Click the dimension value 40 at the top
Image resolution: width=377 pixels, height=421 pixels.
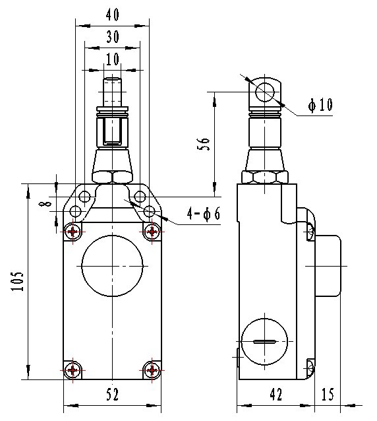point(112,15)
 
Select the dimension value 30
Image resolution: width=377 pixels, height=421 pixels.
point(112,37)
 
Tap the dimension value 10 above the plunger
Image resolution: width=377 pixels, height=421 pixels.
point(112,59)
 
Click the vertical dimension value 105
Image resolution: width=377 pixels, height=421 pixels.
point(18,282)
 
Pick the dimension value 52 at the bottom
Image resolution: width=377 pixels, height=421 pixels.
point(112,395)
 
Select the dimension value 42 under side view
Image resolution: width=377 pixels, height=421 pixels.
point(275,395)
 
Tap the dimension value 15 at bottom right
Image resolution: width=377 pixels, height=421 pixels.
point(328,395)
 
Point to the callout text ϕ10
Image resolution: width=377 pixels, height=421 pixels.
point(320,105)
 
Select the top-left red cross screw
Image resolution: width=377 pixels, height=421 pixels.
point(73,231)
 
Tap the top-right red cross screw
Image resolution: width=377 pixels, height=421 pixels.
point(152,231)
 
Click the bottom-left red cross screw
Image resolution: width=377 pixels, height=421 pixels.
point(73,370)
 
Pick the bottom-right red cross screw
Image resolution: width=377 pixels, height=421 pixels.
point(152,370)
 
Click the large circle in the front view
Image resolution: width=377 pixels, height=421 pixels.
point(112,269)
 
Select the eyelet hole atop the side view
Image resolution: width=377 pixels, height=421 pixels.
point(266,92)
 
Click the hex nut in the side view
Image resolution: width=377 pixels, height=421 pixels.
point(266,177)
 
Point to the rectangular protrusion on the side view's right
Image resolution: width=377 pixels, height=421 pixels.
point(328,265)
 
